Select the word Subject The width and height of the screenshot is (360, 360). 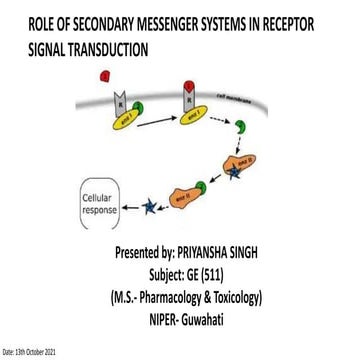179,275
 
